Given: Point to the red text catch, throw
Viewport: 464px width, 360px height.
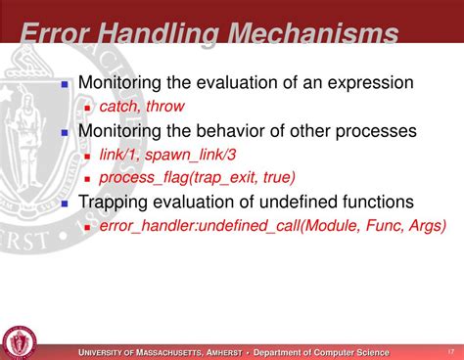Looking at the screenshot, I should pos(141,107).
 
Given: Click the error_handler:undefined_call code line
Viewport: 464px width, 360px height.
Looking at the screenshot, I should pos(272,225).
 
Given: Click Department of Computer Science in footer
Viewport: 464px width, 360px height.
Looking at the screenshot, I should pos(321,352).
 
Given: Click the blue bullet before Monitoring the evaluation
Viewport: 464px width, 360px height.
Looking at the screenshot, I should pos(65,85).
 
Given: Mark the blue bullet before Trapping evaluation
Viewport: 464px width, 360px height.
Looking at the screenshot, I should pos(65,203).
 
